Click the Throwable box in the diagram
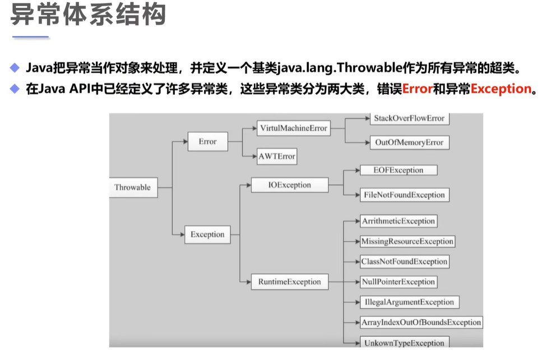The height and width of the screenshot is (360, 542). (x=133, y=188)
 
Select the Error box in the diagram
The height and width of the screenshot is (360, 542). (x=207, y=142)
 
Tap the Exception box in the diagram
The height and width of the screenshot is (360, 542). (x=207, y=235)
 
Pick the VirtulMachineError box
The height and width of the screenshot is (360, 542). (x=293, y=128)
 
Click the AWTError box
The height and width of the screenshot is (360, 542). (x=277, y=156)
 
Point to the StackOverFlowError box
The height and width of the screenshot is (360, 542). (x=409, y=119)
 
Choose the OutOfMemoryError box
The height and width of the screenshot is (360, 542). (x=409, y=142)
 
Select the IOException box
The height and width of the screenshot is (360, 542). (x=289, y=184)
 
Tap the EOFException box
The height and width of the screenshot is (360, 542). (x=399, y=170)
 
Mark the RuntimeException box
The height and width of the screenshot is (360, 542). (x=289, y=281)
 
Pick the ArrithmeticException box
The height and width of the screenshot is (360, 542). (x=399, y=221)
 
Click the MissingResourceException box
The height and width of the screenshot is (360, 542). (x=407, y=241)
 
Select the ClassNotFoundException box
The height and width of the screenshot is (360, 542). (x=404, y=261)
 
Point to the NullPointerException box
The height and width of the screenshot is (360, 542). (x=399, y=281)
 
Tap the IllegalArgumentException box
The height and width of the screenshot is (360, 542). (x=409, y=302)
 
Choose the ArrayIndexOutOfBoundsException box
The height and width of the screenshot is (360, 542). (x=421, y=322)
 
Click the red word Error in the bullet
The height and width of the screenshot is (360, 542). (x=418, y=89)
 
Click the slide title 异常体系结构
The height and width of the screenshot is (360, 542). (x=88, y=15)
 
